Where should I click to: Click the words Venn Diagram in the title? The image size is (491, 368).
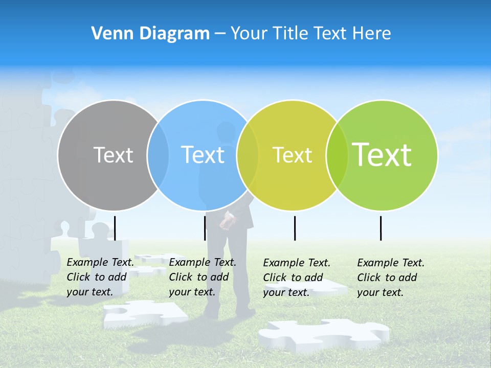point(150,34)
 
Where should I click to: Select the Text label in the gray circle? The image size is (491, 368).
point(113,155)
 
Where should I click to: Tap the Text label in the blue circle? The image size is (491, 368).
point(203,155)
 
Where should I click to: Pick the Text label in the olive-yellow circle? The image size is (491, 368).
point(292,155)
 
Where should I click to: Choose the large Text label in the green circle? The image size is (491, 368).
point(382,155)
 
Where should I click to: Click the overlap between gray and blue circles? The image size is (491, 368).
point(158,155)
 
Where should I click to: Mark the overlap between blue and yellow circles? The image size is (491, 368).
point(248,155)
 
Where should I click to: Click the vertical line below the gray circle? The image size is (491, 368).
point(115,228)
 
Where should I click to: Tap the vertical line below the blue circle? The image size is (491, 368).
point(205,228)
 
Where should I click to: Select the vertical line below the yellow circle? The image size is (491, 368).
point(295,228)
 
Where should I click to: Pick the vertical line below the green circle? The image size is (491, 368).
point(381,228)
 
